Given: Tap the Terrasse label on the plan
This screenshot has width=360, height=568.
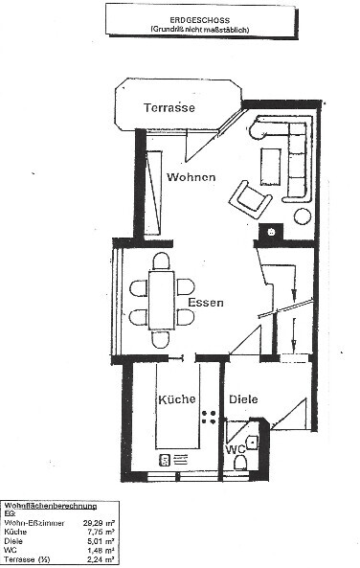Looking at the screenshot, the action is coord(169,108).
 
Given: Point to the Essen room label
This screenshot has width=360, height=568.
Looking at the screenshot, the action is coord(206,303).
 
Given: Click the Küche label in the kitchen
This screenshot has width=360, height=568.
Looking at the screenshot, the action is coord(177,398).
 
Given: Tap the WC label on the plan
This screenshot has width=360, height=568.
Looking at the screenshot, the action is coord(235,447).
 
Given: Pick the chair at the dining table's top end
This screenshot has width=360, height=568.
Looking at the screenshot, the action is coord(162,261).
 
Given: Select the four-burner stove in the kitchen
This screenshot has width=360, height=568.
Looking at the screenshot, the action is coord(209,417).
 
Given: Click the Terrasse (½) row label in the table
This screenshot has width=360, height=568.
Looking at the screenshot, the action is coord(29,559).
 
